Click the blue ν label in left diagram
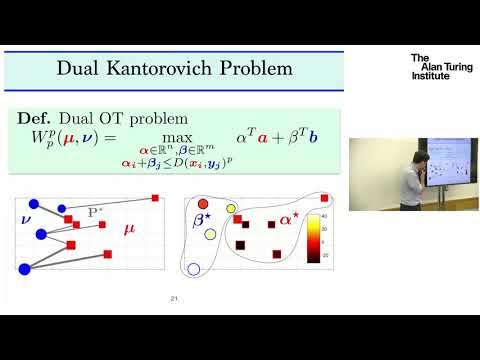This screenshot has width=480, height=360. click(26, 216)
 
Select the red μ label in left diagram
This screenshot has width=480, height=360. click(128, 230)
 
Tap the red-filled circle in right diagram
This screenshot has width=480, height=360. click(203, 204)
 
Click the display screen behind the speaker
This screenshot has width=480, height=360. click(452, 160)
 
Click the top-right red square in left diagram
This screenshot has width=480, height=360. click(155, 198)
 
